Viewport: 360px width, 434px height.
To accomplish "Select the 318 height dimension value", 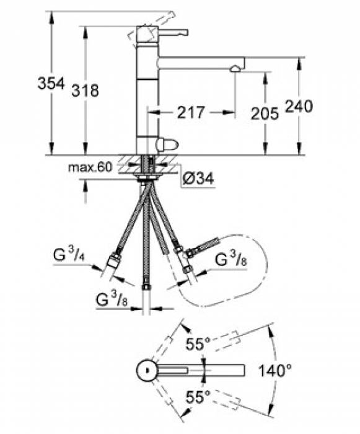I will tap(86, 91).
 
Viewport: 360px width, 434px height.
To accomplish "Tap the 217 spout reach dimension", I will tap(190, 113).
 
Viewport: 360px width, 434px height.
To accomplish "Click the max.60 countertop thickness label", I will tap(90, 167).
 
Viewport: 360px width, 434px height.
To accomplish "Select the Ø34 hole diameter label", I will tap(198, 179).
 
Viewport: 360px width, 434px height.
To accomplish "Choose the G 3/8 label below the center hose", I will tap(113, 299).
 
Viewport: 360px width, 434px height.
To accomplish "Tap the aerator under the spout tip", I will tap(235, 70).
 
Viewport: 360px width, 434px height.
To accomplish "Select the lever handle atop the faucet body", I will tap(167, 32).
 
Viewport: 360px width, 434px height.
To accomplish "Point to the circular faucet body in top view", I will tap(147, 371).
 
